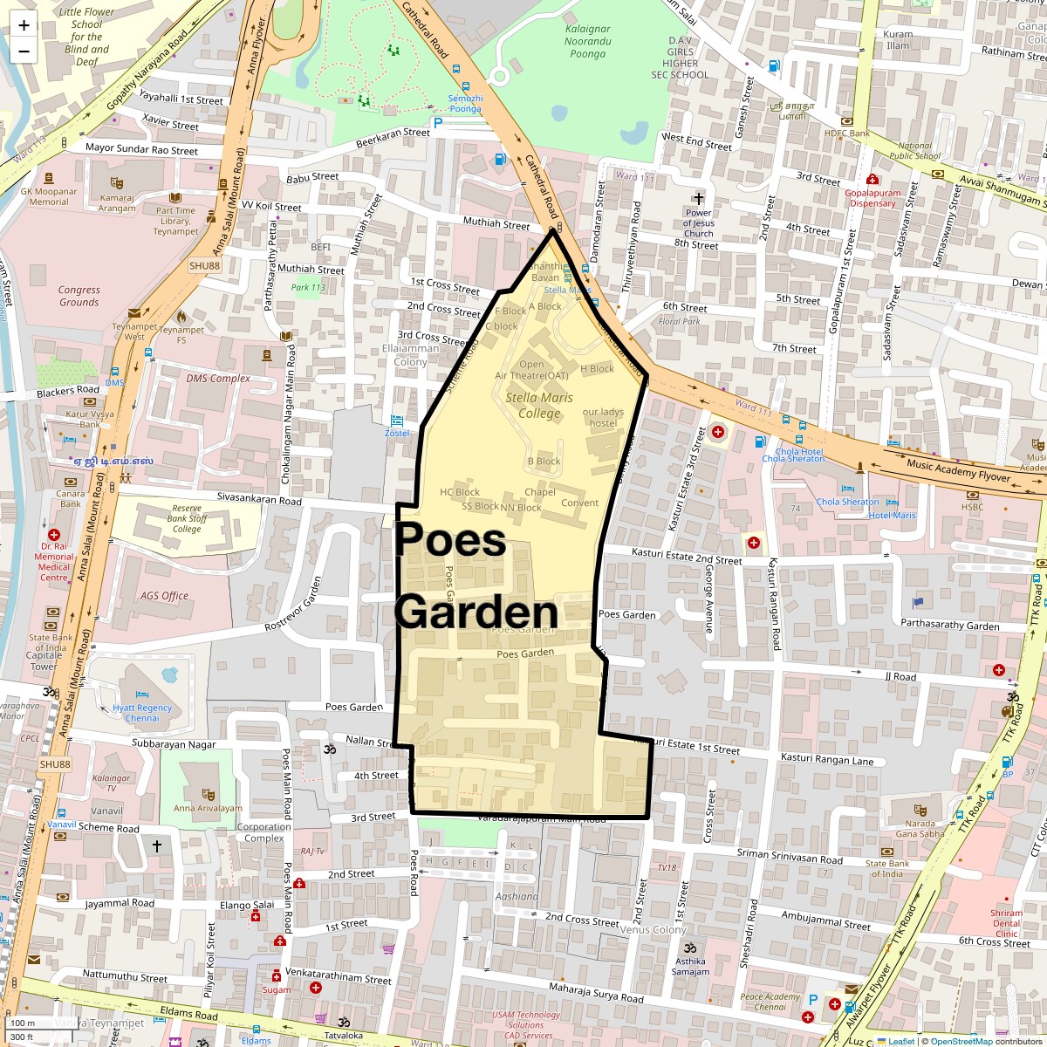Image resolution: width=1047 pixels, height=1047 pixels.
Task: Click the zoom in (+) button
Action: (x=24, y=25)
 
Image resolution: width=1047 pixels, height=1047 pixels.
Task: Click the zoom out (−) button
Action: (x=24, y=51)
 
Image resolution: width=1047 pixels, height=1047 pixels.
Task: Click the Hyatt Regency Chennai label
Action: (x=142, y=713)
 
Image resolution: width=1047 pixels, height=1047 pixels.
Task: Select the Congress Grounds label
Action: (x=79, y=296)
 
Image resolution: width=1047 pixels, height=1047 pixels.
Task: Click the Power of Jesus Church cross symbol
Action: (x=698, y=197)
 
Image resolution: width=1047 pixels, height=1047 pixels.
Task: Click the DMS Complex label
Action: (x=217, y=379)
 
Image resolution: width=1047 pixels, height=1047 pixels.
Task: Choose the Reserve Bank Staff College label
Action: (x=187, y=518)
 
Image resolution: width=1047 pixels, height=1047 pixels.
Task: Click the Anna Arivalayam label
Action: (x=209, y=808)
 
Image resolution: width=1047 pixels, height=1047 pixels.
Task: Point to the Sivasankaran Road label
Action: (x=258, y=501)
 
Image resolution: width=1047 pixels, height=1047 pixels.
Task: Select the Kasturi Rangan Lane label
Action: (x=826, y=760)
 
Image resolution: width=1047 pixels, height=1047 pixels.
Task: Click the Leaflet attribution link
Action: (x=900, y=1041)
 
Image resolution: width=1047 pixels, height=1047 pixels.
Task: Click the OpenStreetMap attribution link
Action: (x=962, y=1041)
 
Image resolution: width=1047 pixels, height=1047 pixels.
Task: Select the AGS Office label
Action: (x=164, y=596)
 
